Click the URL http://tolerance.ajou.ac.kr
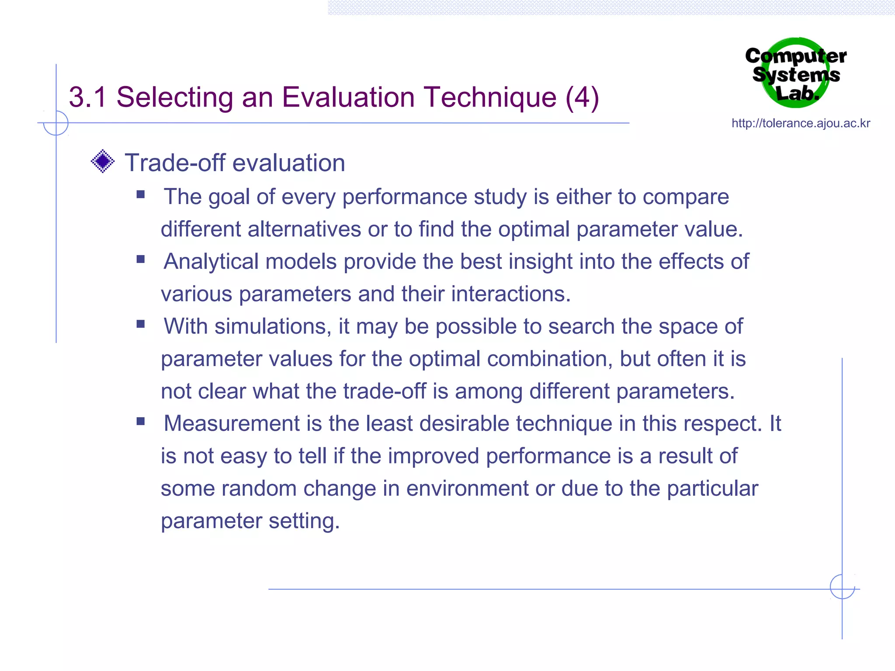(801, 124)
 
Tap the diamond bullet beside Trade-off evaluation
(103, 161)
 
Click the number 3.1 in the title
(87, 97)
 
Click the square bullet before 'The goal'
(140, 194)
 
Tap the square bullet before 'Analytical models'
(140, 259)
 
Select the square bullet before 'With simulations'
(140, 324)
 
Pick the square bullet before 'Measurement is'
(140, 421)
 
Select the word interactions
(511, 294)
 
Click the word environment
(467, 488)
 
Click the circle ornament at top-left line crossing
(56, 123)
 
